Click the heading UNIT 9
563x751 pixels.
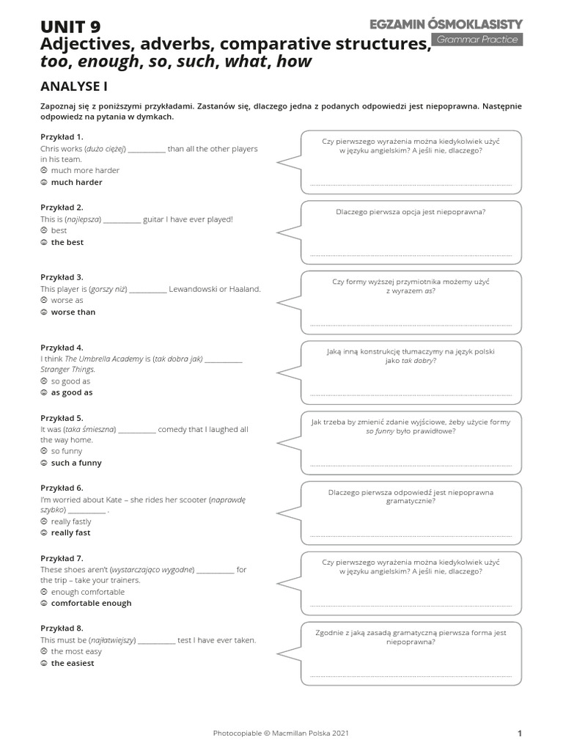point(71,28)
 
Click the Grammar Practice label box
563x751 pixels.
point(478,40)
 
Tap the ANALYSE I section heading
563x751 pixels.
point(74,86)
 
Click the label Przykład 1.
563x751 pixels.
point(62,137)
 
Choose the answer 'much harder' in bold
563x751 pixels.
point(76,182)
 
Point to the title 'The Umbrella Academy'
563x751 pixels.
point(102,359)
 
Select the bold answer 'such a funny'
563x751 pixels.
point(76,463)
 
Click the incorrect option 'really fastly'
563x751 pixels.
point(71,521)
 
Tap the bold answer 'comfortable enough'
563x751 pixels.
point(91,603)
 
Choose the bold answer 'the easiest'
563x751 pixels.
point(73,663)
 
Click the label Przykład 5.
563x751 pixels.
point(62,418)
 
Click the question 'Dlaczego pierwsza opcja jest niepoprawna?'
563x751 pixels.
point(411,212)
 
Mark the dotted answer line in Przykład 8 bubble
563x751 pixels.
point(411,675)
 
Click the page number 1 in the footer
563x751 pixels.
point(519,733)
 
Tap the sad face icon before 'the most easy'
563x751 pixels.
point(44,651)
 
